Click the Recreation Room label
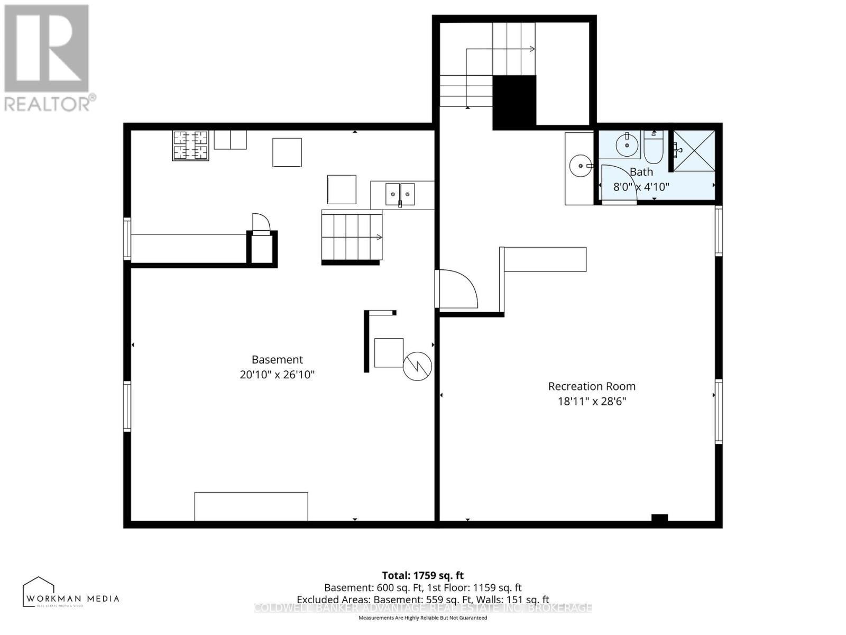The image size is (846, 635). coord(592,386)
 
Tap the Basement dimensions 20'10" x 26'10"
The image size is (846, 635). coord(277,375)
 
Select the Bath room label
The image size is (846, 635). coord(641,172)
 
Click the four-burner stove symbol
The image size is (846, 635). coord(190,145)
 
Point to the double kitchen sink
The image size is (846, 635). coord(400,194)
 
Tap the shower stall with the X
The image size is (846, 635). coord(693,150)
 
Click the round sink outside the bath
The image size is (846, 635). coord(581,166)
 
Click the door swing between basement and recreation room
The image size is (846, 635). coord(458,289)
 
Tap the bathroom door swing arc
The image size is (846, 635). coord(619,183)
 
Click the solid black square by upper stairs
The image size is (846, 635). coord(514,103)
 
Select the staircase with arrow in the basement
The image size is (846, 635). coord(352,237)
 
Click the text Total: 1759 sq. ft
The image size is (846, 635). coord(422,575)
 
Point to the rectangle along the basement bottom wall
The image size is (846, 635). coord(251,506)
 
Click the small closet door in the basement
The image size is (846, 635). coord(261,223)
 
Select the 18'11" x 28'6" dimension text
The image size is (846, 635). coord(592,401)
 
